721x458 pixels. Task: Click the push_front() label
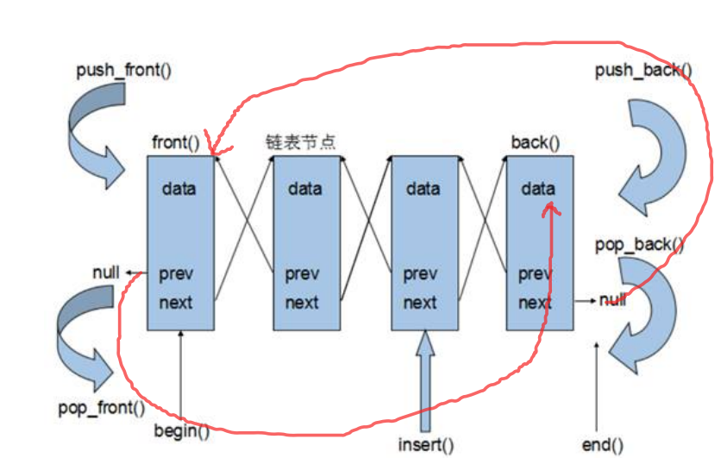click(x=124, y=68)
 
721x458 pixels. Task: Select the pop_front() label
click(x=102, y=407)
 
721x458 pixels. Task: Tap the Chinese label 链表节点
click(x=299, y=141)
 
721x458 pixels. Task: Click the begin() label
click(x=181, y=430)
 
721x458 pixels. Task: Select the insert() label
click(x=426, y=445)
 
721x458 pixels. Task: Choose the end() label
click(x=602, y=445)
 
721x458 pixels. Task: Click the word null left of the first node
click(x=106, y=273)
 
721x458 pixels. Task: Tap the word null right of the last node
click(x=613, y=300)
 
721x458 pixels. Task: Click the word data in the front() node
click(x=179, y=188)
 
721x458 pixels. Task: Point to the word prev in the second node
click(x=303, y=274)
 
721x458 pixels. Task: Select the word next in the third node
click(x=420, y=303)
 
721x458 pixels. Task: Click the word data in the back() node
click(x=538, y=188)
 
